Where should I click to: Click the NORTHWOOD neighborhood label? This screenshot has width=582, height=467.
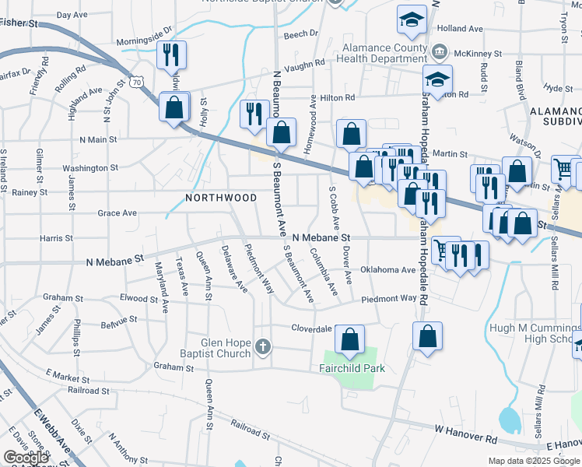[x=221, y=198]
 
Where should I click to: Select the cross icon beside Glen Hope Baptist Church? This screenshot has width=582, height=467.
[x=263, y=346]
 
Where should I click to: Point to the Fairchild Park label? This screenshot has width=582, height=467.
[x=352, y=368]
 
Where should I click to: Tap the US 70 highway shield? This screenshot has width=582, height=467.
[x=137, y=80]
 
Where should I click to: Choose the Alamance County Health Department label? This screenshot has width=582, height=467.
[x=386, y=54]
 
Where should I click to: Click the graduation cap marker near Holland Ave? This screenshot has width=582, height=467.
[x=412, y=21]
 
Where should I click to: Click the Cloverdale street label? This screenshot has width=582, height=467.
[x=312, y=328]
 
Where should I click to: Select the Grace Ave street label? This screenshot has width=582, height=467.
[x=117, y=212]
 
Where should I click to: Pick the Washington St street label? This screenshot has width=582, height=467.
[x=90, y=167]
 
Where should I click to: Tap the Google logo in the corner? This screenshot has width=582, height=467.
[x=26, y=458]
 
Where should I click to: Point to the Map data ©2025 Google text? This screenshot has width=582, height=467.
[x=535, y=461]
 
